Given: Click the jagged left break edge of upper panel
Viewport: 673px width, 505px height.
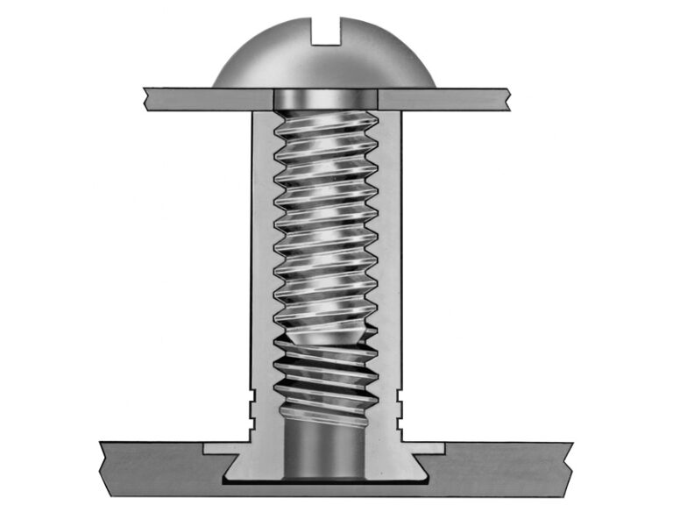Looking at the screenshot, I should pyautogui.click(x=147, y=98).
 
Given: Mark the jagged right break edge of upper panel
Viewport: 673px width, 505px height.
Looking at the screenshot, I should pyautogui.click(x=508, y=98).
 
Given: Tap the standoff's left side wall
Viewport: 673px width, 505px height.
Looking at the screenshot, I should pyautogui.click(x=261, y=263).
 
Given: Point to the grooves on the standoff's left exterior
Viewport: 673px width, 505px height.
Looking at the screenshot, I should pyautogui.click(x=251, y=403).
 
